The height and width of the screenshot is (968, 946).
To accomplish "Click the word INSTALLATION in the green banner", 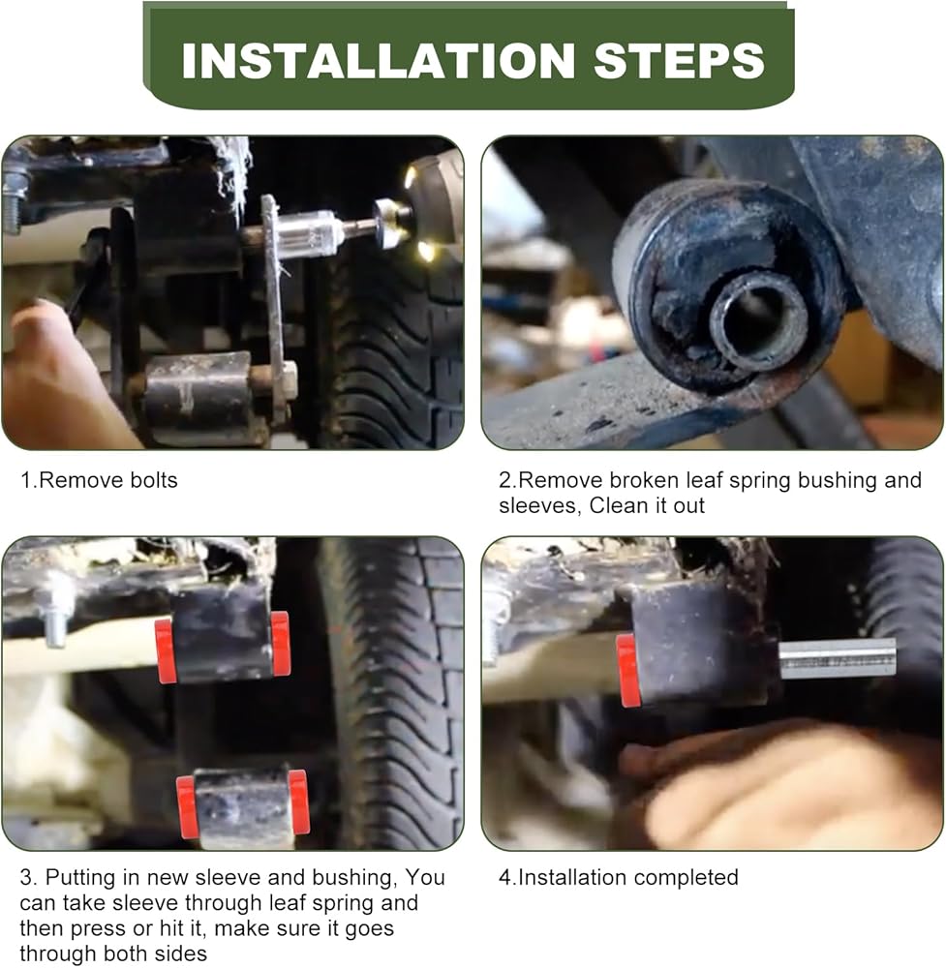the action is [x=379, y=60].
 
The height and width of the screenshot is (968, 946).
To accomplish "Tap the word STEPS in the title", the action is [x=680, y=60].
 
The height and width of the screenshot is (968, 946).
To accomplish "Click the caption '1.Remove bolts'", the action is [x=99, y=480].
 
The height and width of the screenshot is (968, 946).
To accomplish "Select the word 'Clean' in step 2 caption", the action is [x=619, y=505].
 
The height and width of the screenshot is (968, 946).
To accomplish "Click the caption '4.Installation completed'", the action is [x=618, y=877].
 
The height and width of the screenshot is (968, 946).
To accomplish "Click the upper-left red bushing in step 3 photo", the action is [x=166, y=651].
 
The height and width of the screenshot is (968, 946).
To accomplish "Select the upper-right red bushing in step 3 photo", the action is [x=281, y=644].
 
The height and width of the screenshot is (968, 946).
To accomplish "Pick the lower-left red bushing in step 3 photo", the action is [x=187, y=807].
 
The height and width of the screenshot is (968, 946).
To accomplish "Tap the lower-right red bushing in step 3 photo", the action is [x=299, y=802].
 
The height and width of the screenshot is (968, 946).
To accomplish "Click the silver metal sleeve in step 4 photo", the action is [x=838, y=658].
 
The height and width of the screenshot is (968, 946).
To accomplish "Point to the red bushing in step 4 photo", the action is [x=628, y=671].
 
